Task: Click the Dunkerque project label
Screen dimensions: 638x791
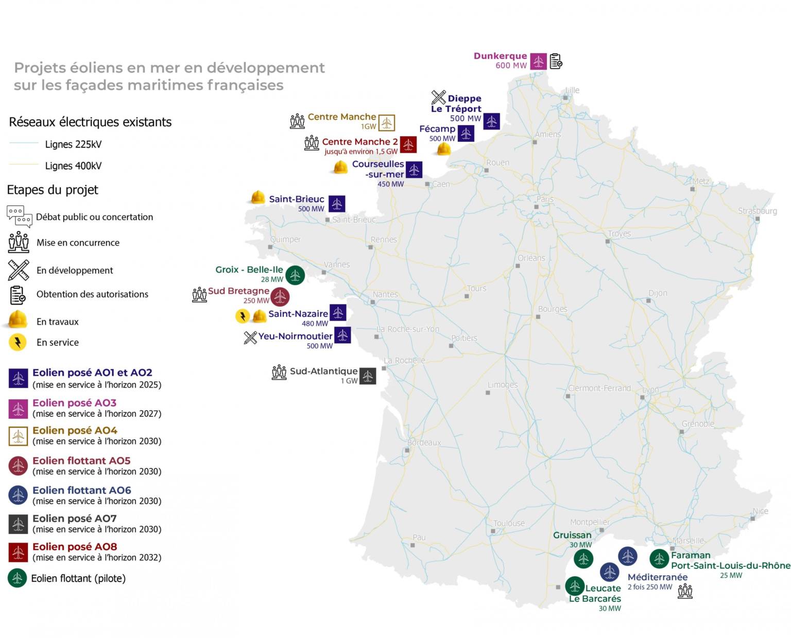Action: pos(500,56)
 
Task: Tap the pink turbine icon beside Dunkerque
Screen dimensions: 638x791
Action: pos(538,61)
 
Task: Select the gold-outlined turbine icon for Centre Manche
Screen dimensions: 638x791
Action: pos(387,123)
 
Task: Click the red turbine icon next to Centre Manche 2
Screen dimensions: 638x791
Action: pos(408,145)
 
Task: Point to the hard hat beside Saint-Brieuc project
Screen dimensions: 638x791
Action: pos(257,197)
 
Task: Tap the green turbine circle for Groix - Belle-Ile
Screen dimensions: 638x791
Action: pos(295,275)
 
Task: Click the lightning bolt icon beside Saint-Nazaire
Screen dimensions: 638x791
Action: pos(242,315)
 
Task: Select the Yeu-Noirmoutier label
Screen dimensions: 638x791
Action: pos(295,337)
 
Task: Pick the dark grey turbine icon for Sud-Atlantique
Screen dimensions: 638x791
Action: pos(368,376)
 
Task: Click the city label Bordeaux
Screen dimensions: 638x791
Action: pos(424,443)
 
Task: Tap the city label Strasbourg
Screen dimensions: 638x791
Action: pos(757,211)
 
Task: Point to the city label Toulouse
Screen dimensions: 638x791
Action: pos(509,524)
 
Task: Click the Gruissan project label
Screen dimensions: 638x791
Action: pos(572,535)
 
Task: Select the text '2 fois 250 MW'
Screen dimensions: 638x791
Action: pos(650,587)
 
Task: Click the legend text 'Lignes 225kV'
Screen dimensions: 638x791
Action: pos(73,144)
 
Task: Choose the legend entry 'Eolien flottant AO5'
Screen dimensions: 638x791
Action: pos(81,461)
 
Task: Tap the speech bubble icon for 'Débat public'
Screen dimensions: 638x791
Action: pos(20,216)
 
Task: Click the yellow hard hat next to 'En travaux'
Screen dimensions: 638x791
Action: pos(18,320)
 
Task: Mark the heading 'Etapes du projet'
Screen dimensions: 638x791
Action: pos(53,190)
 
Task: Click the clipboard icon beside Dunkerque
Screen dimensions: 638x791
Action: pos(556,61)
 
